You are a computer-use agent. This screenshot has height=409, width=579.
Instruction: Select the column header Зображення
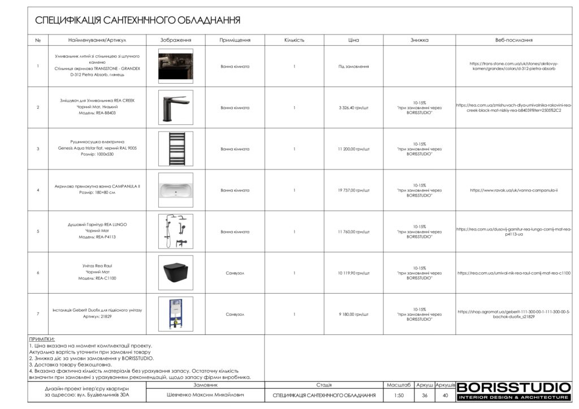[175, 40]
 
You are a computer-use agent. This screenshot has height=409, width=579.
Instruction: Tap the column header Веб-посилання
[513, 40]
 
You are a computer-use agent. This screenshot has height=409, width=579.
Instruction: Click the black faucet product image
[175, 107]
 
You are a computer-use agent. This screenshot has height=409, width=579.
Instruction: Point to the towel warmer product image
[175, 149]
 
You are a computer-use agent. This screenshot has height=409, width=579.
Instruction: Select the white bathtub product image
[175, 190]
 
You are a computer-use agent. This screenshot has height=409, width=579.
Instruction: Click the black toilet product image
[175, 273]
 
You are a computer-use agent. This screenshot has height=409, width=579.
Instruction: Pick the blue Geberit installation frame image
[175, 314]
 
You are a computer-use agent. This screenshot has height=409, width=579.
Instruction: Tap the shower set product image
[175, 232]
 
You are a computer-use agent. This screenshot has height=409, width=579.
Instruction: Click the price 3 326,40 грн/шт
[353, 107]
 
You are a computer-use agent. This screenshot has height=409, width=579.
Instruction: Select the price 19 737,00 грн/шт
[353, 190]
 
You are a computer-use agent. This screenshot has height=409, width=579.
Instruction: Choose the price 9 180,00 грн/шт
[353, 314]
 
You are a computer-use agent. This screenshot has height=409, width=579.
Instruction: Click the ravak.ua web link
[513, 190]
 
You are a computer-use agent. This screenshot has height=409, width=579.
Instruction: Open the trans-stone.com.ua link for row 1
[513, 66]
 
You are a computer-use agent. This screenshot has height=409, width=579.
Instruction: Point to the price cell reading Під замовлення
[353, 66]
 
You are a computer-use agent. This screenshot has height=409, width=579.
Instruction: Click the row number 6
[38, 273]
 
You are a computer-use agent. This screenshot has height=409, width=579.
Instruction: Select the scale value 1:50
[399, 395]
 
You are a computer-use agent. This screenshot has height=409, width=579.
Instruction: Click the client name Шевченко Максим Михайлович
[206, 395]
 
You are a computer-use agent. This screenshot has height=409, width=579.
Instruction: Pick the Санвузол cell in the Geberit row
[235, 314]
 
